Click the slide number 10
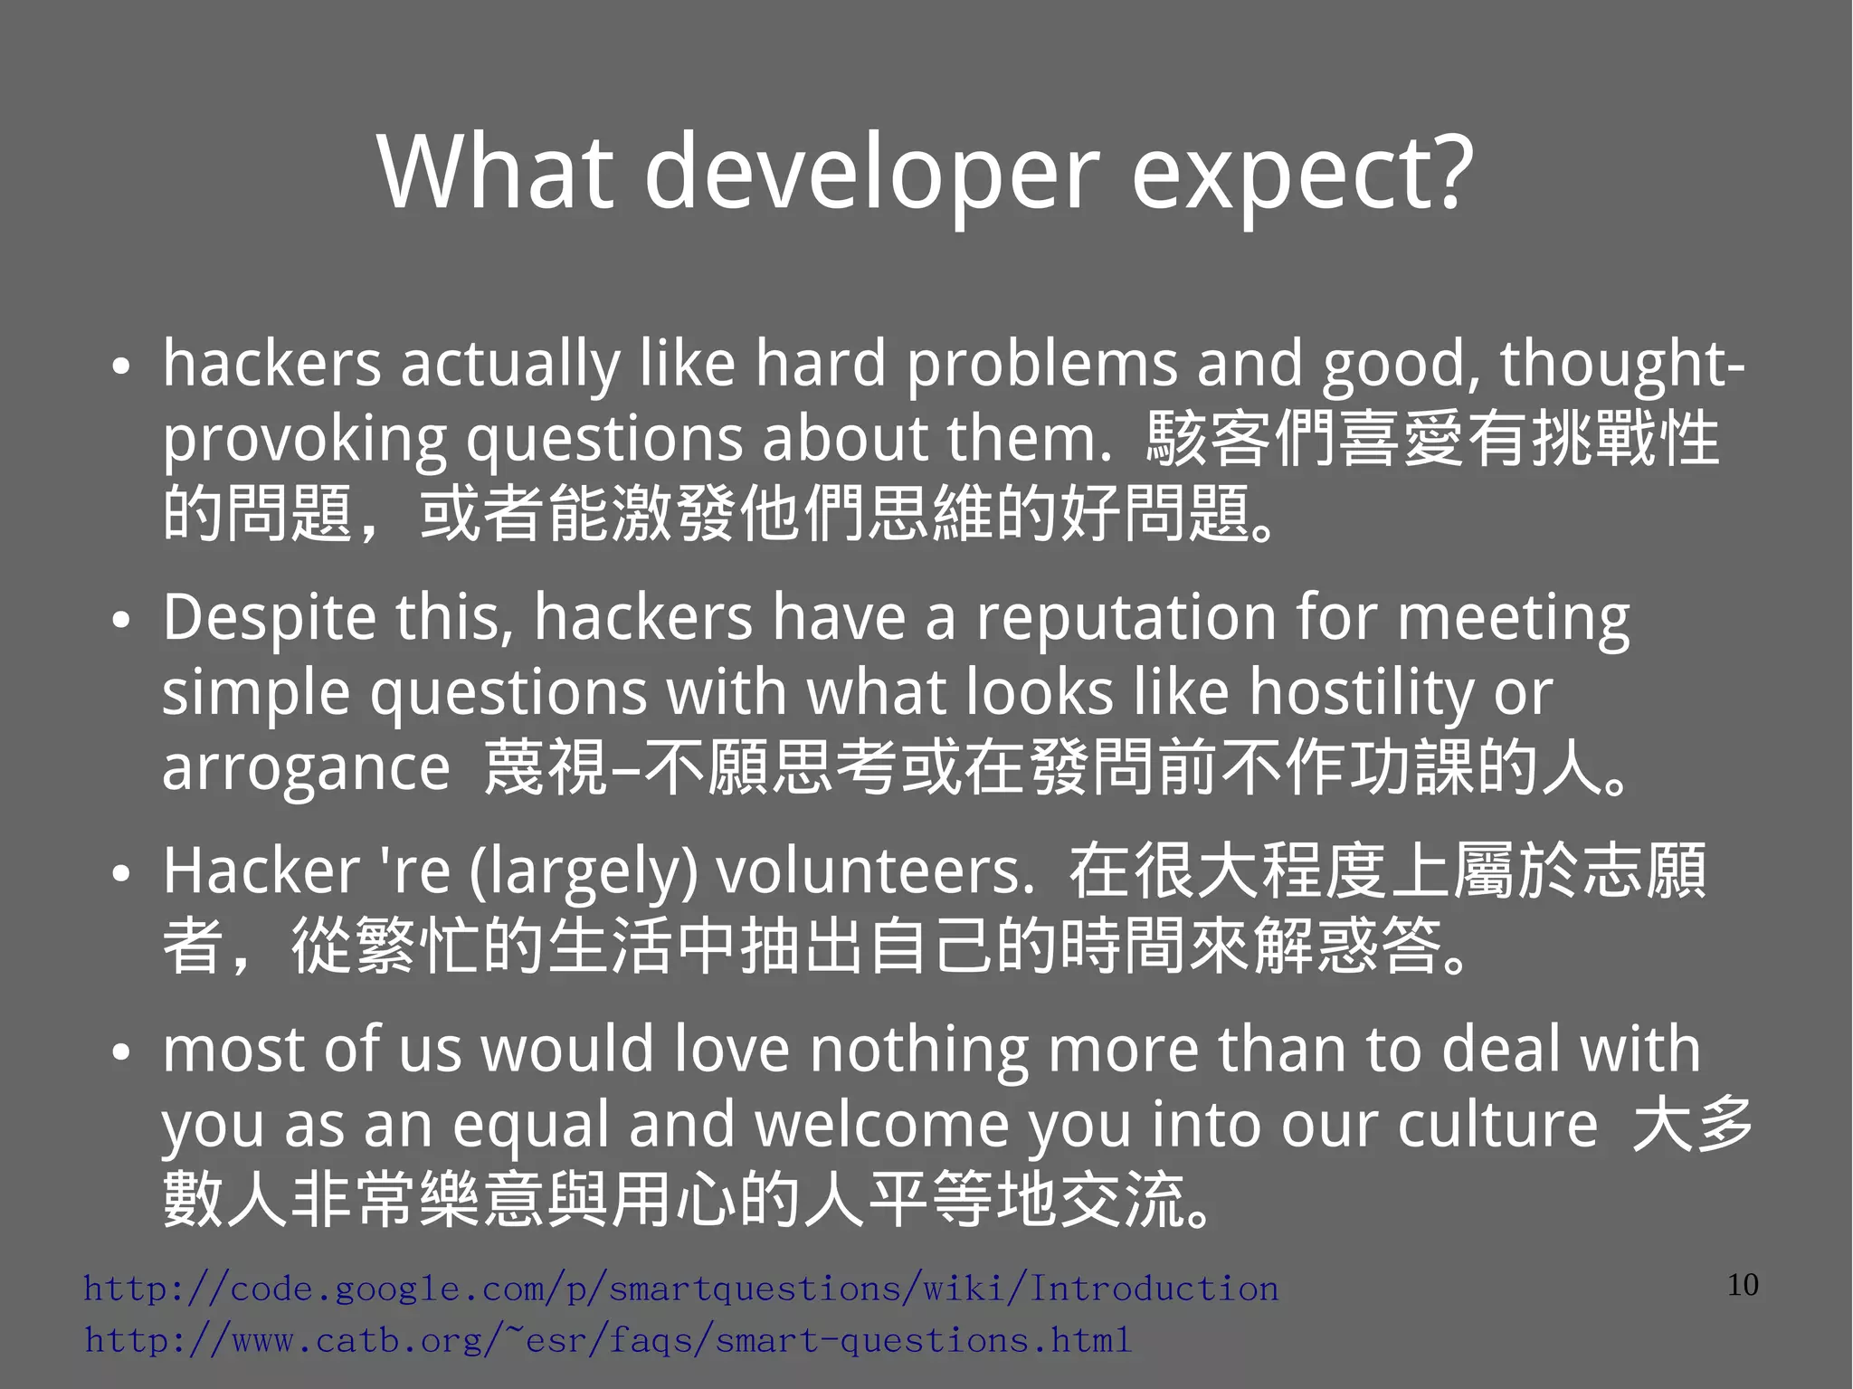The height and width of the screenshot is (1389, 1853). (1743, 1285)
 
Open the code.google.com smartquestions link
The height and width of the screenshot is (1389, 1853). (680, 1289)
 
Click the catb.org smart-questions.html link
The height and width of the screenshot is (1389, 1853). (608, 1340)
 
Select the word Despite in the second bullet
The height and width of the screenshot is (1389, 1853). (269, 619)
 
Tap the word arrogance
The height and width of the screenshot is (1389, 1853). (306, 768)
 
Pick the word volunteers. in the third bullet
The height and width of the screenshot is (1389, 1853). (875, 871)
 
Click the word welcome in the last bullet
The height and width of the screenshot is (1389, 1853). (881, 1125)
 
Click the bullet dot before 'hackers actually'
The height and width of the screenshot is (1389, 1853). (121, 367)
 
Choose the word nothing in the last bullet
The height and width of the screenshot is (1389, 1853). (918, 1050)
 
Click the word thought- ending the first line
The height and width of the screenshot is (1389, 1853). (1622, 364)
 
